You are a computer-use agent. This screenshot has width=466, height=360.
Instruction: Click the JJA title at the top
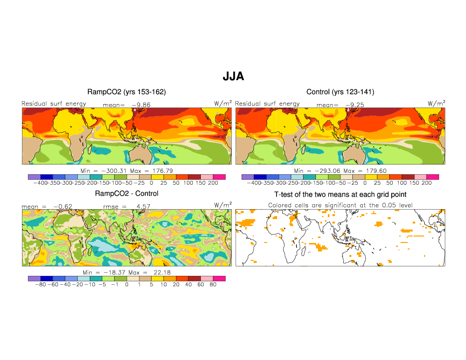(x=233, y=77)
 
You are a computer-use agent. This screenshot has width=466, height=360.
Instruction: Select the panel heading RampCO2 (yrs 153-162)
(x=127, y=92)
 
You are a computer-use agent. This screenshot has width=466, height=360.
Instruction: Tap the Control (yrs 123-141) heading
(x=340, y=92)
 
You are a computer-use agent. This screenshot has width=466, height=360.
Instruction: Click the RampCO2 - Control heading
(x=127, y=194)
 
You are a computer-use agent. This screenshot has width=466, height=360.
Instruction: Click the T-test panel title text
(x=340, y=194)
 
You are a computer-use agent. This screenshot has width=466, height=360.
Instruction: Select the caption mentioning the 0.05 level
(x=340, y=205)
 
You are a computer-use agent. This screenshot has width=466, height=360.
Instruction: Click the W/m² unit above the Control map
(x=436, y=103)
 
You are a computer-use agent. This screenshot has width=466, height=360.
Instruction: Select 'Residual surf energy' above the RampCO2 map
(x=54, y=104)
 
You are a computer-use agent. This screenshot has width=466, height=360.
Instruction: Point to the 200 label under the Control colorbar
(x=427, y=183)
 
